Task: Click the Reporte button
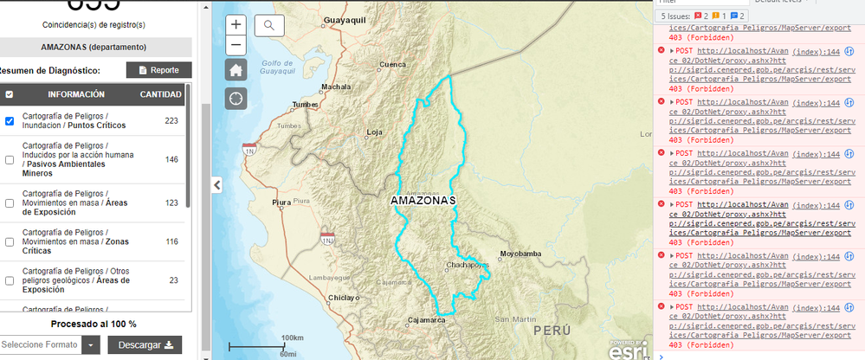158,70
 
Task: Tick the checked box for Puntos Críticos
10,121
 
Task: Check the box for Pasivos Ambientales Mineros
10,159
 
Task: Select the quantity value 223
171,121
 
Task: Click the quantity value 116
171,241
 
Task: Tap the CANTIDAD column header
160,94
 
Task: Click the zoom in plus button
236,25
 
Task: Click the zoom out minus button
236,45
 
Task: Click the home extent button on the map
236,70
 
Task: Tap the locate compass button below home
236,98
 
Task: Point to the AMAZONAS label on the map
423,201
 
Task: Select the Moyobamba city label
520,254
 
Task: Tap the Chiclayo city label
344,298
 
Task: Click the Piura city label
282,202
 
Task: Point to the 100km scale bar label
292,337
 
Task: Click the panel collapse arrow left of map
217,184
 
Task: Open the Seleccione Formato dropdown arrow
92,345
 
